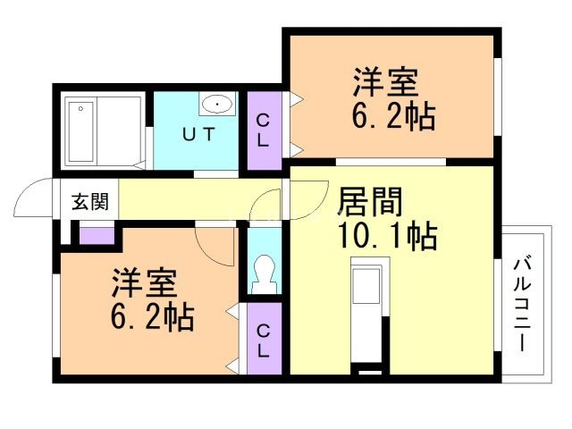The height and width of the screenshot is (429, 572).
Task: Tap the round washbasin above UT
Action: (217, 105)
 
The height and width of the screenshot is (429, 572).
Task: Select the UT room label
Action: (199, 136)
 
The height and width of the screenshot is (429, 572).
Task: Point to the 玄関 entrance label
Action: (89, 201)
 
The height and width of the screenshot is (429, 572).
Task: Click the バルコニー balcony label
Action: (522, 305)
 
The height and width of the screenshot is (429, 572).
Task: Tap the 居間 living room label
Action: (368, 202)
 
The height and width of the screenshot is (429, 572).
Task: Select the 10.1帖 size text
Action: (386, 236)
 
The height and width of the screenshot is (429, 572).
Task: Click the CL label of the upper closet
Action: (264, 130)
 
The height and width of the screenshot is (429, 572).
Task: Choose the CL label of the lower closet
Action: (264, 341)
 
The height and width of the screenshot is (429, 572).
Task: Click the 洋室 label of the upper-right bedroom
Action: (385, 84)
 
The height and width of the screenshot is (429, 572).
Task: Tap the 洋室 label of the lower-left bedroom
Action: (144, 283)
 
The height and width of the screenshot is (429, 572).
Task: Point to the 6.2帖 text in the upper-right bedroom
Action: (394, 116)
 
